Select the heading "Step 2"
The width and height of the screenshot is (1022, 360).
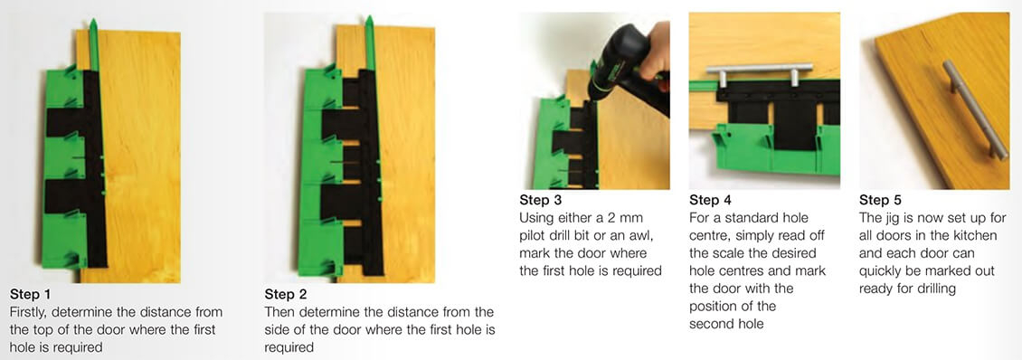click(285, 294)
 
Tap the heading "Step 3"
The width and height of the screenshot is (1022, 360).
click(541, 200)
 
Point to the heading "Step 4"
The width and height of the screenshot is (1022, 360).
click(711, 200)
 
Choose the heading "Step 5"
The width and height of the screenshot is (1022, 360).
click(880, 200)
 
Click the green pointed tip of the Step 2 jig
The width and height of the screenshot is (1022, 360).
click(368, 27)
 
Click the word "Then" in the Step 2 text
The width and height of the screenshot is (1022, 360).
click(280, 312)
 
